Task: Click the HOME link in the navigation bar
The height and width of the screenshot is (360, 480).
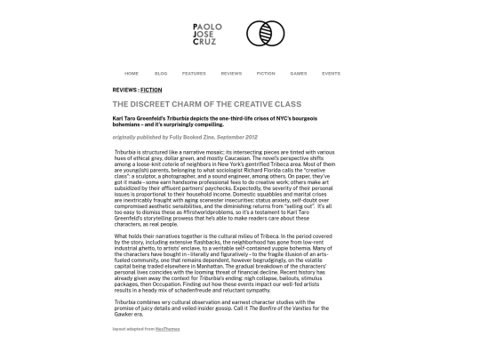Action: tap(132, 73)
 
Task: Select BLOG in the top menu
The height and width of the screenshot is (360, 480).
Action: tap(161, 73)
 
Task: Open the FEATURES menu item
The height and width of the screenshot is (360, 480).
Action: tap(194, 73)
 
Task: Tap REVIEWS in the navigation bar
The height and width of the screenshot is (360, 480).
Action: tap(231, 73)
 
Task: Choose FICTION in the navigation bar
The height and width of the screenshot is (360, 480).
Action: tap(266, 73)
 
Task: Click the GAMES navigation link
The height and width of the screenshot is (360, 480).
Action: tap(299, 73)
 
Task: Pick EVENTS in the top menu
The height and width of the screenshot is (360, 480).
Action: tap(331, 73)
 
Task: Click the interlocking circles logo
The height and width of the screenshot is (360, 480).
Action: tap(265, 34)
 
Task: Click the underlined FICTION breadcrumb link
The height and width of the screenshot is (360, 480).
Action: tap(151, 90)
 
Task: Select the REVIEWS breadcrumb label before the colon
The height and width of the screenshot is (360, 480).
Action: tap(124, 90)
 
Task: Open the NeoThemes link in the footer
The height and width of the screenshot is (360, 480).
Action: tap(162, 328)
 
